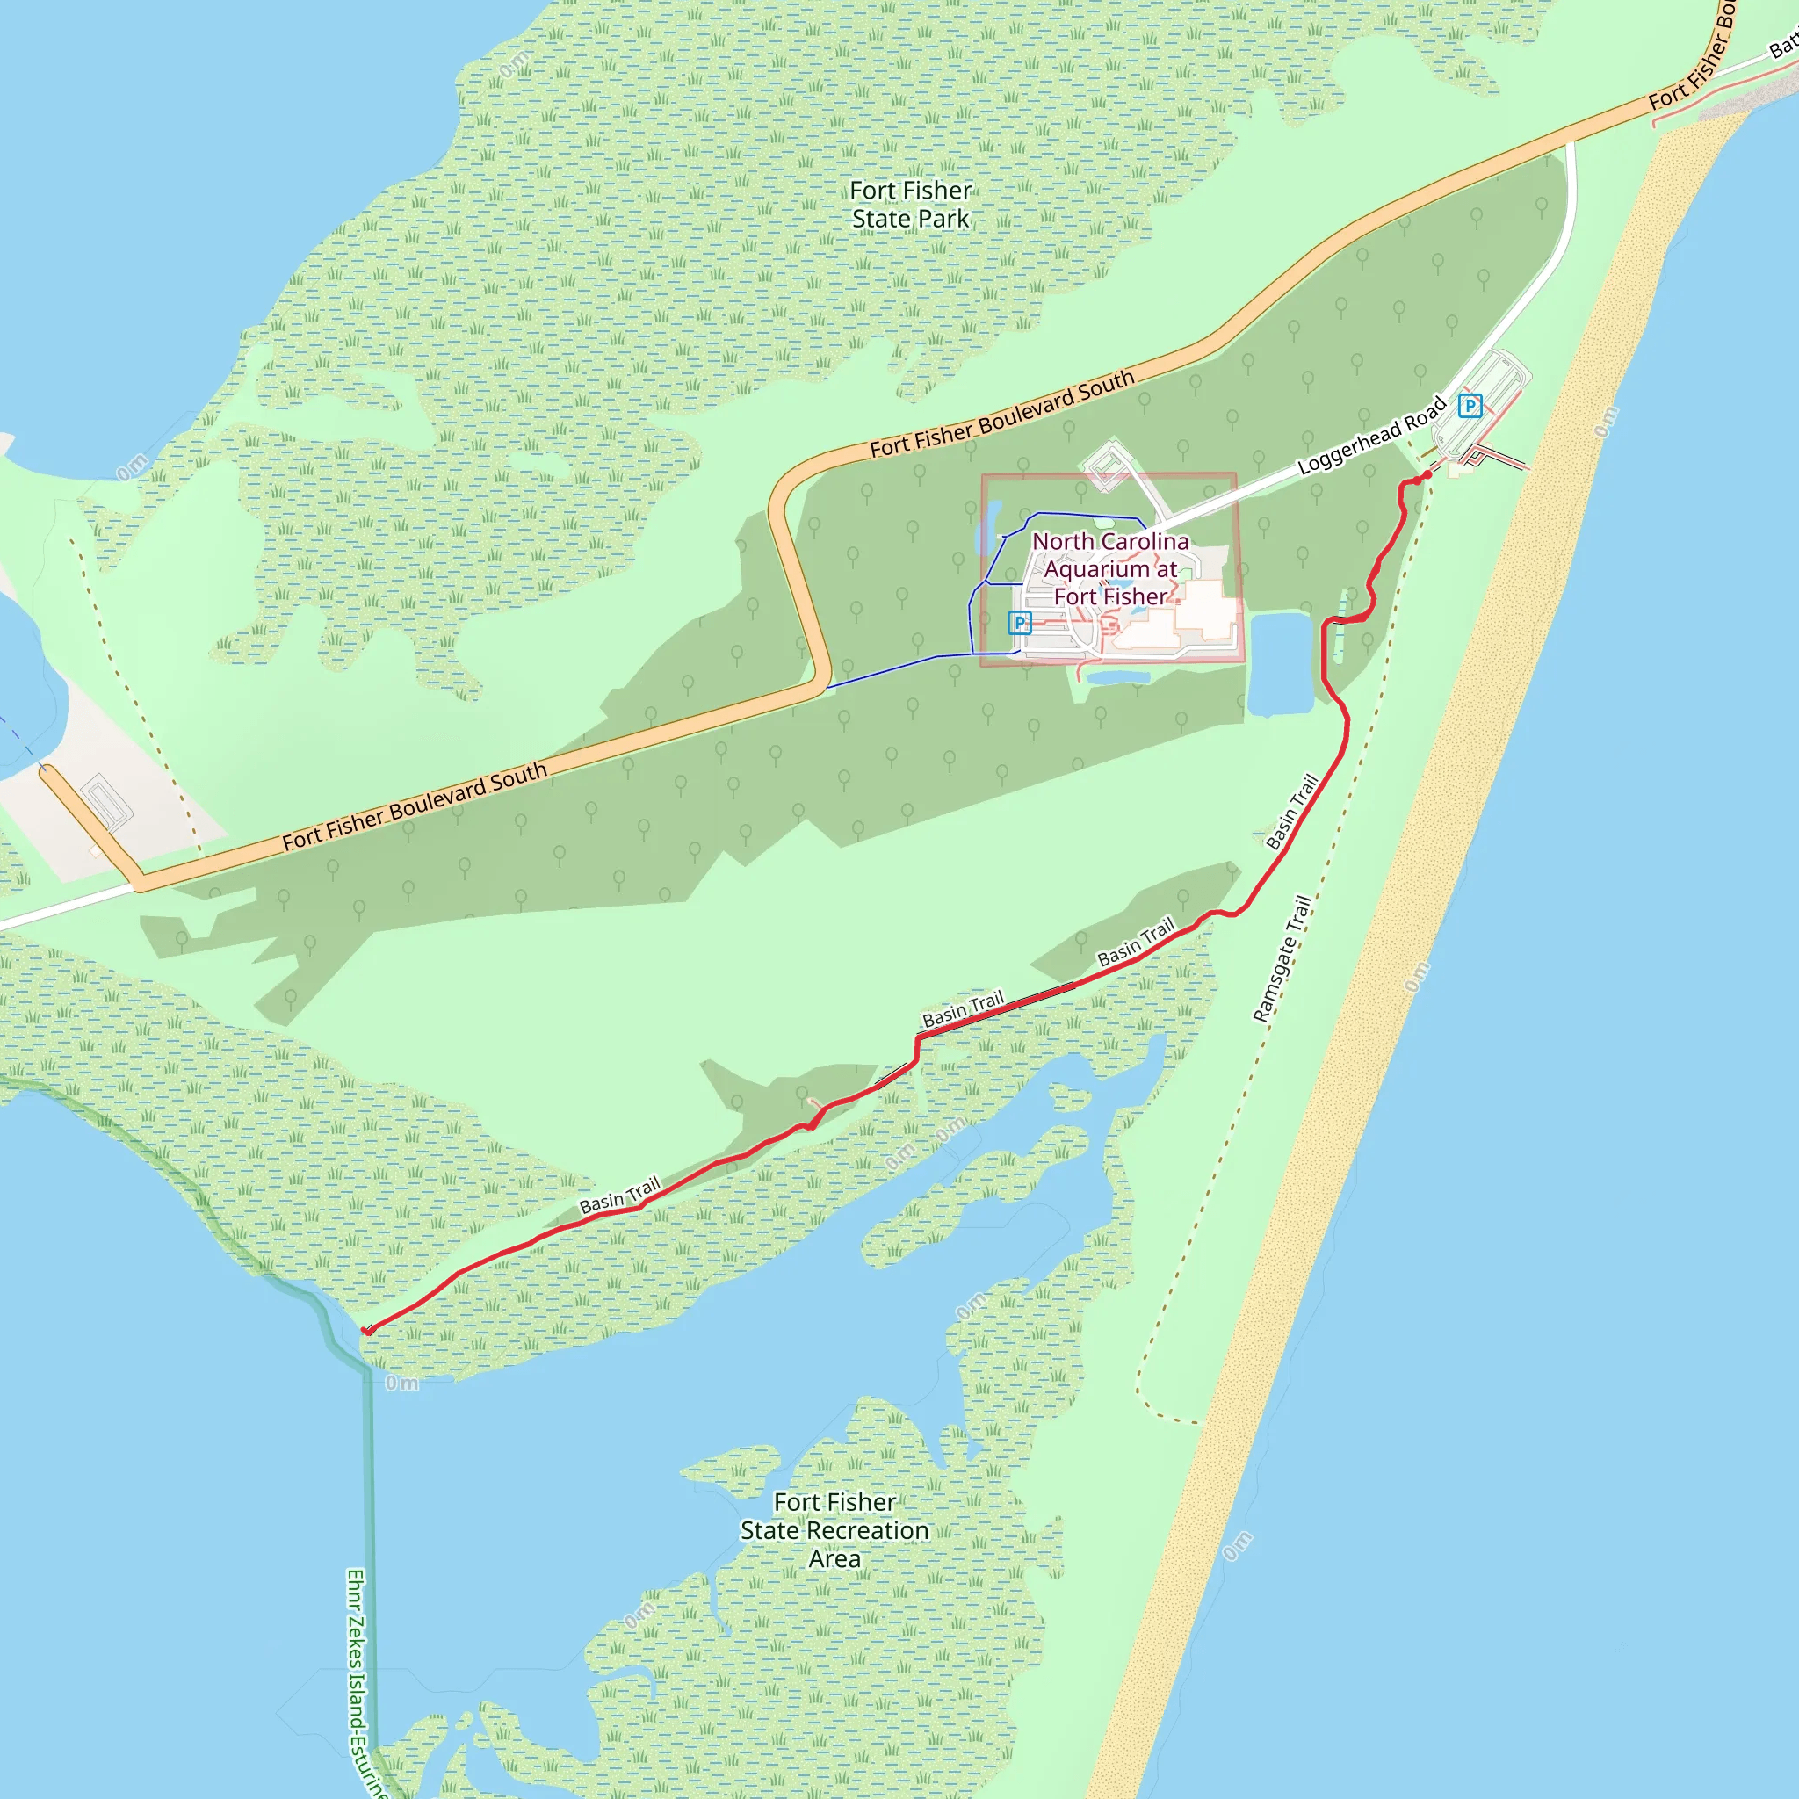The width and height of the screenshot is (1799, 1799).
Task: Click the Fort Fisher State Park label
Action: click(x=911, y=204)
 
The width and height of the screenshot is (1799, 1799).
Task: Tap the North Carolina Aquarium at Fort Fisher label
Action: click(x=1110, y=568)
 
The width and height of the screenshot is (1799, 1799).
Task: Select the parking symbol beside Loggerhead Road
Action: click(x=1470, y=406)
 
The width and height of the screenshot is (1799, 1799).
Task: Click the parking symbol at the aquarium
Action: click(x=1020, y=622)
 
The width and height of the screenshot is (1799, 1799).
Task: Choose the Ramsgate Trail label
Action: click(x=1282, y=959)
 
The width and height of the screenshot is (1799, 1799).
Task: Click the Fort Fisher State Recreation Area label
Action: click(x=834, y=1530)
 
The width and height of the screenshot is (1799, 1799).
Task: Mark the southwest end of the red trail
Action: click(x=368, y=1331)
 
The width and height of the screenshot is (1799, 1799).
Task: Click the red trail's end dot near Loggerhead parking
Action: click(x=1427, y=475)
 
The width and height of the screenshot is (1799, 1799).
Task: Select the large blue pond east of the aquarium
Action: click(x=1282, y=663)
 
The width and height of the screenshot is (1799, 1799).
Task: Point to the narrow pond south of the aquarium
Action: click(x=1117, y=677)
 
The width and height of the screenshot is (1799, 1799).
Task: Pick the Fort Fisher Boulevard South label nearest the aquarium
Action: click(x=1002, y=414)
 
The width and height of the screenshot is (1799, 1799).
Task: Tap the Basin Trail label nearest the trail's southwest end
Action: click(x=619, y=1195)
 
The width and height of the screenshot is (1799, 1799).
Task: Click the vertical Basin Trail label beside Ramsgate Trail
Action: click(x=1292, y=811)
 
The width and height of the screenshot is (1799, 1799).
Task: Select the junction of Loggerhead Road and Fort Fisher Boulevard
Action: click(x=1570, y=143)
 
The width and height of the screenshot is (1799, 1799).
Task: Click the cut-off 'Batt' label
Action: click(x=1783, y=44)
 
